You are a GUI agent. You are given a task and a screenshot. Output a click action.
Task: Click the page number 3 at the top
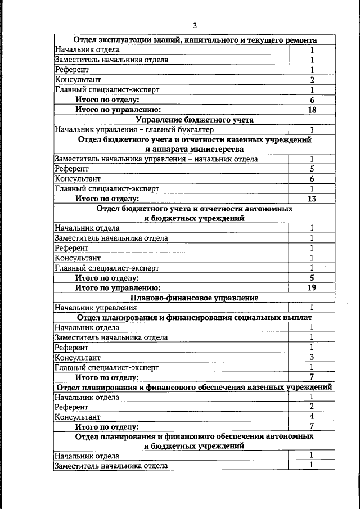[195, 25]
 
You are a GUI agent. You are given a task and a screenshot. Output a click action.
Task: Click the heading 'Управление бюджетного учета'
[195, 120]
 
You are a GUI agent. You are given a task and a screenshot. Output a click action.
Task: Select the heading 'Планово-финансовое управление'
[195, 298]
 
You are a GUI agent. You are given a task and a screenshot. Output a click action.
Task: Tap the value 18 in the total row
[312, 110]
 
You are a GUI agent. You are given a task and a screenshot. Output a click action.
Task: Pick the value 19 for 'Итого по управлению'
[312, 287]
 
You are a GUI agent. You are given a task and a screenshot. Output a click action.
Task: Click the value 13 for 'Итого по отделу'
[312, 199]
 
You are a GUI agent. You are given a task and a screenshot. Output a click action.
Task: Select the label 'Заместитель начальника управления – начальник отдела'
[156, 159]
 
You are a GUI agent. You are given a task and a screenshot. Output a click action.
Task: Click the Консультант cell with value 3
[312, 357]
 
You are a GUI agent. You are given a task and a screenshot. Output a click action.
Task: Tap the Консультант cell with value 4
[312, 417]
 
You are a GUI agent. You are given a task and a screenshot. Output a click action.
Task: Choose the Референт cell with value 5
[312, 169]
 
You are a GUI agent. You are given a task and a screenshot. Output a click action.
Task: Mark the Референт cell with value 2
[312, 407]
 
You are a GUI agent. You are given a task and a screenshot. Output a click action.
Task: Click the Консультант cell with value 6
[312, 179]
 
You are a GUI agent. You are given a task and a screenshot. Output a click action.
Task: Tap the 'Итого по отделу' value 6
[312, 100]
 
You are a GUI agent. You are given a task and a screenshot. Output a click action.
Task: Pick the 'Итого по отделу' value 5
[312, 278]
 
